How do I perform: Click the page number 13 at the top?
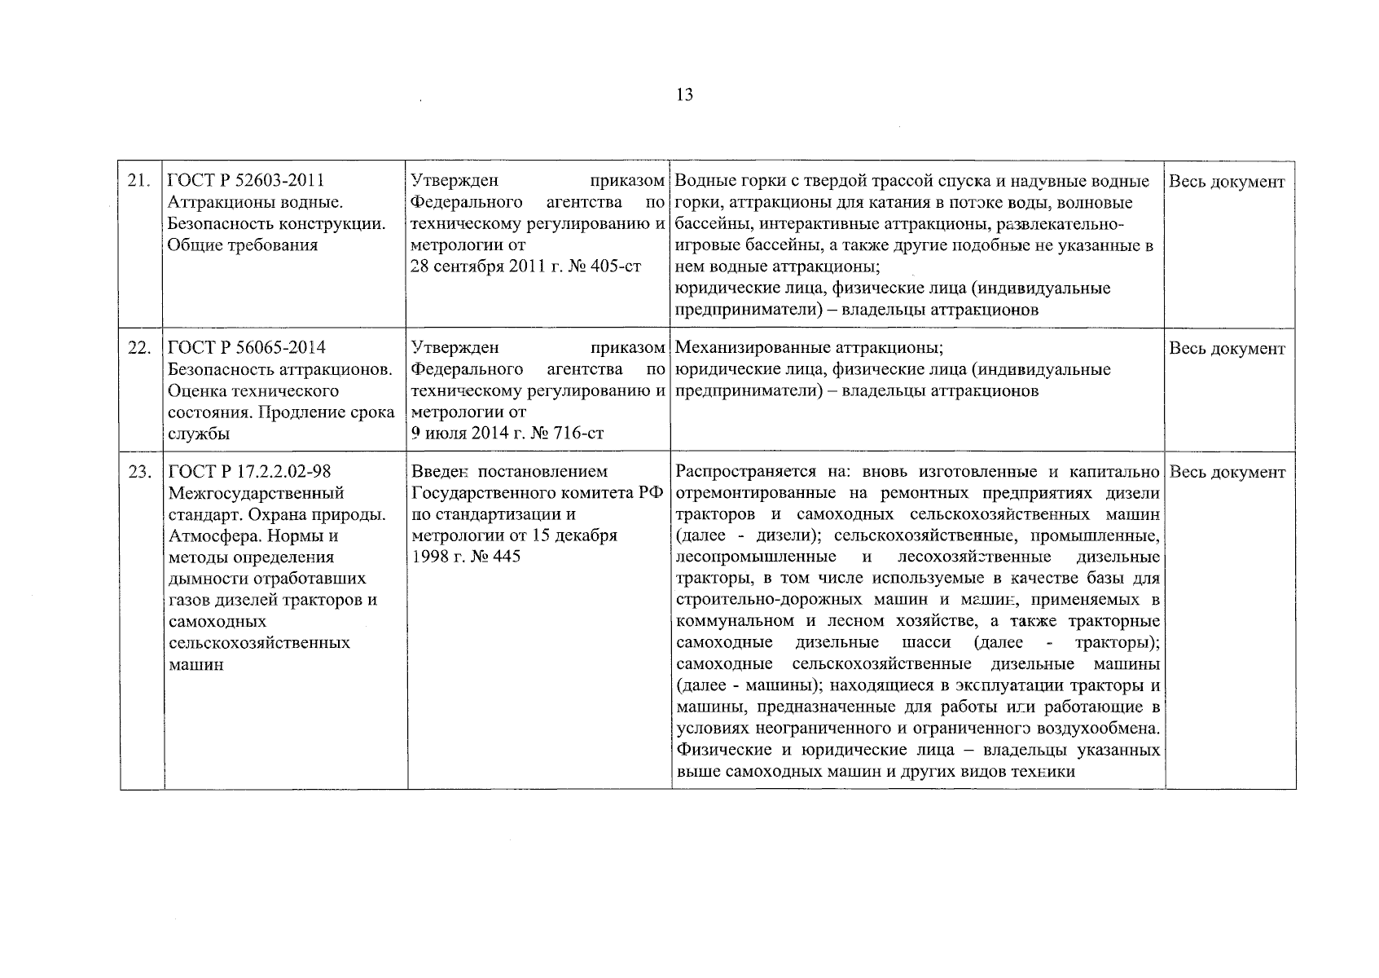684,95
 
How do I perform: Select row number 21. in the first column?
138,182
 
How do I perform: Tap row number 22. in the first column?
138,349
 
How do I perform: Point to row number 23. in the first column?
138,473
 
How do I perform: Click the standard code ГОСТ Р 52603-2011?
239,181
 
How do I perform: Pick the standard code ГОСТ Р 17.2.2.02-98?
249,472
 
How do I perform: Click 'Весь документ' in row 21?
1227,182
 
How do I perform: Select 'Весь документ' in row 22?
1227,349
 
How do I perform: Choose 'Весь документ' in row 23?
1227,473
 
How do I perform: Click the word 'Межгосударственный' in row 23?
256,494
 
